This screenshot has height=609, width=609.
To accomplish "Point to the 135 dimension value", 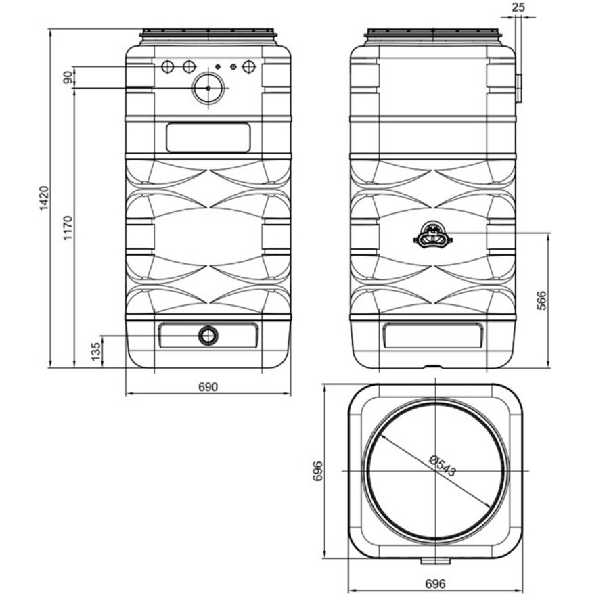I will pos(95,351).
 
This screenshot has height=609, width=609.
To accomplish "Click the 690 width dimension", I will pos(208,387).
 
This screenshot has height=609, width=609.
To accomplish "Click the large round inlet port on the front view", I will pos(208,89).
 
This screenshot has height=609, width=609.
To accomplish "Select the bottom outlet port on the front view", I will pos(208,336).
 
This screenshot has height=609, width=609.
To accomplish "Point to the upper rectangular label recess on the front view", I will pos(208,137).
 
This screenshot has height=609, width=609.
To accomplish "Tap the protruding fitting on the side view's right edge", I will pos(518,89).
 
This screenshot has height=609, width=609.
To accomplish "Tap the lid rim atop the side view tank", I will pos(433,33).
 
